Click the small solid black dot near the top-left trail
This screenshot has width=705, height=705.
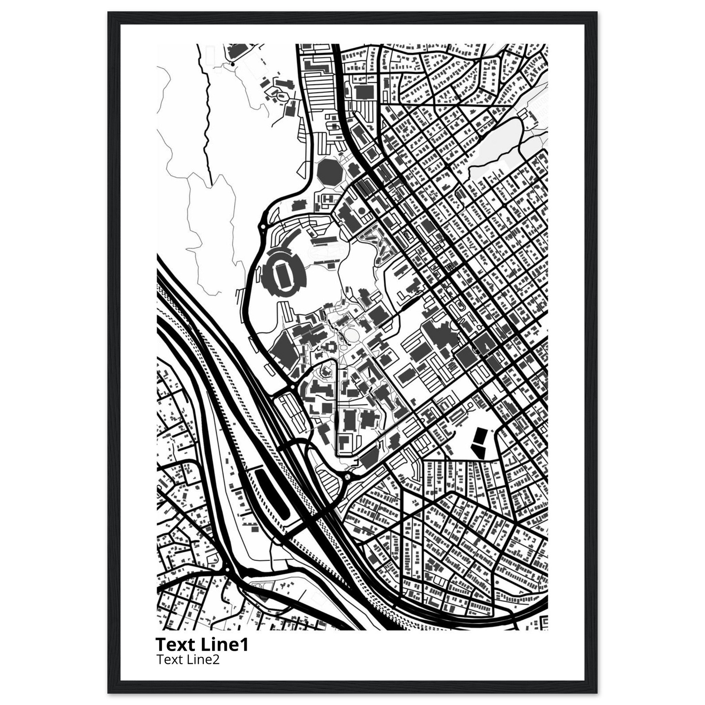tap(232, 65)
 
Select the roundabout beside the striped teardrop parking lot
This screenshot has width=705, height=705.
tap(347, 476)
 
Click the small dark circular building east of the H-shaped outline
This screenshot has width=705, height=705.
tap(361, 211)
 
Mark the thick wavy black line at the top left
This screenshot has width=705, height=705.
tap(207, 109)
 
